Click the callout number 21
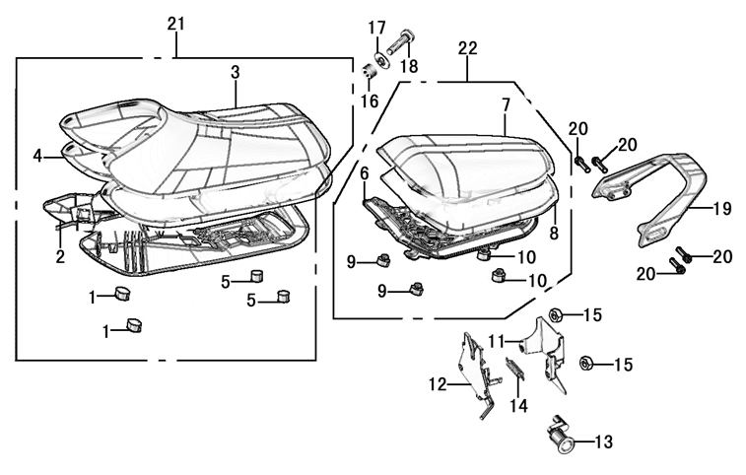pyautogui.click(x=175, y=23)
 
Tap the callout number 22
pyautogui.click(x=468, y=47)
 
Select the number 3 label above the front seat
pyautogui.click(x=236, y=72)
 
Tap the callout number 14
pyautogui.click(x=518, y=405)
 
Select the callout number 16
pyautogui.click(x=371, y=101)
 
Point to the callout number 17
pyautogui.click(x=377, y=27)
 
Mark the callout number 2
pyautogui.click(x=60, y=257)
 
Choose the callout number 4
pyautogui.click(x=37, y=155)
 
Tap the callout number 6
pyautogui.click(x=364, y=174)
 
